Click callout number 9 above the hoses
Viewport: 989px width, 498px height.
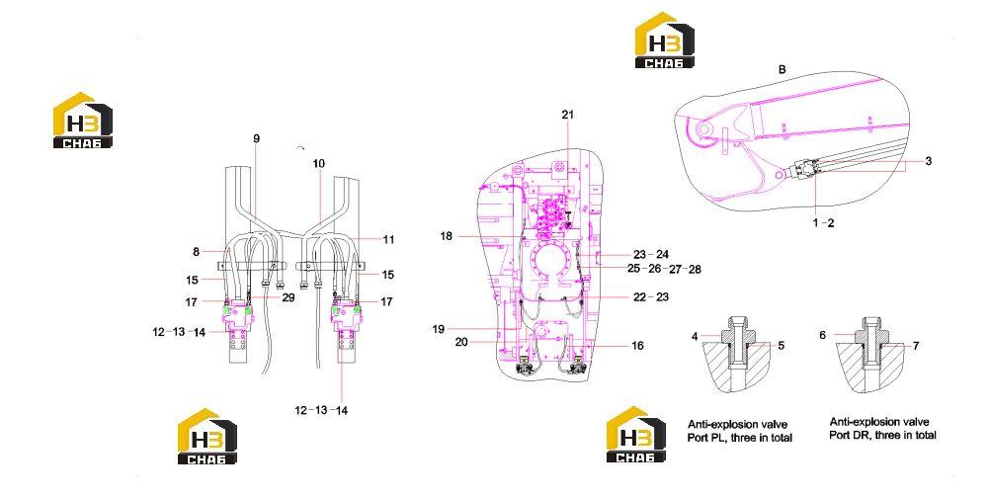point(256,139)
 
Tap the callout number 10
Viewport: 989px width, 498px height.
point(318,163)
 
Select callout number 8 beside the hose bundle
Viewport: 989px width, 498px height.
point(197,252)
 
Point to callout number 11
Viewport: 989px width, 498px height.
point(388,239)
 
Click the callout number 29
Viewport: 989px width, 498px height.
point(288,297)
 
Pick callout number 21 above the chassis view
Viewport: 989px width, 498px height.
point(568,115)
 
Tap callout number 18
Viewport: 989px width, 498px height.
point(447,236)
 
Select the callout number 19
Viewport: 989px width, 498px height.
point(439,329)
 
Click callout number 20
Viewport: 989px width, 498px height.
point(461,342)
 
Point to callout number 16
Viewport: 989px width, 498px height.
point(637,345)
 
